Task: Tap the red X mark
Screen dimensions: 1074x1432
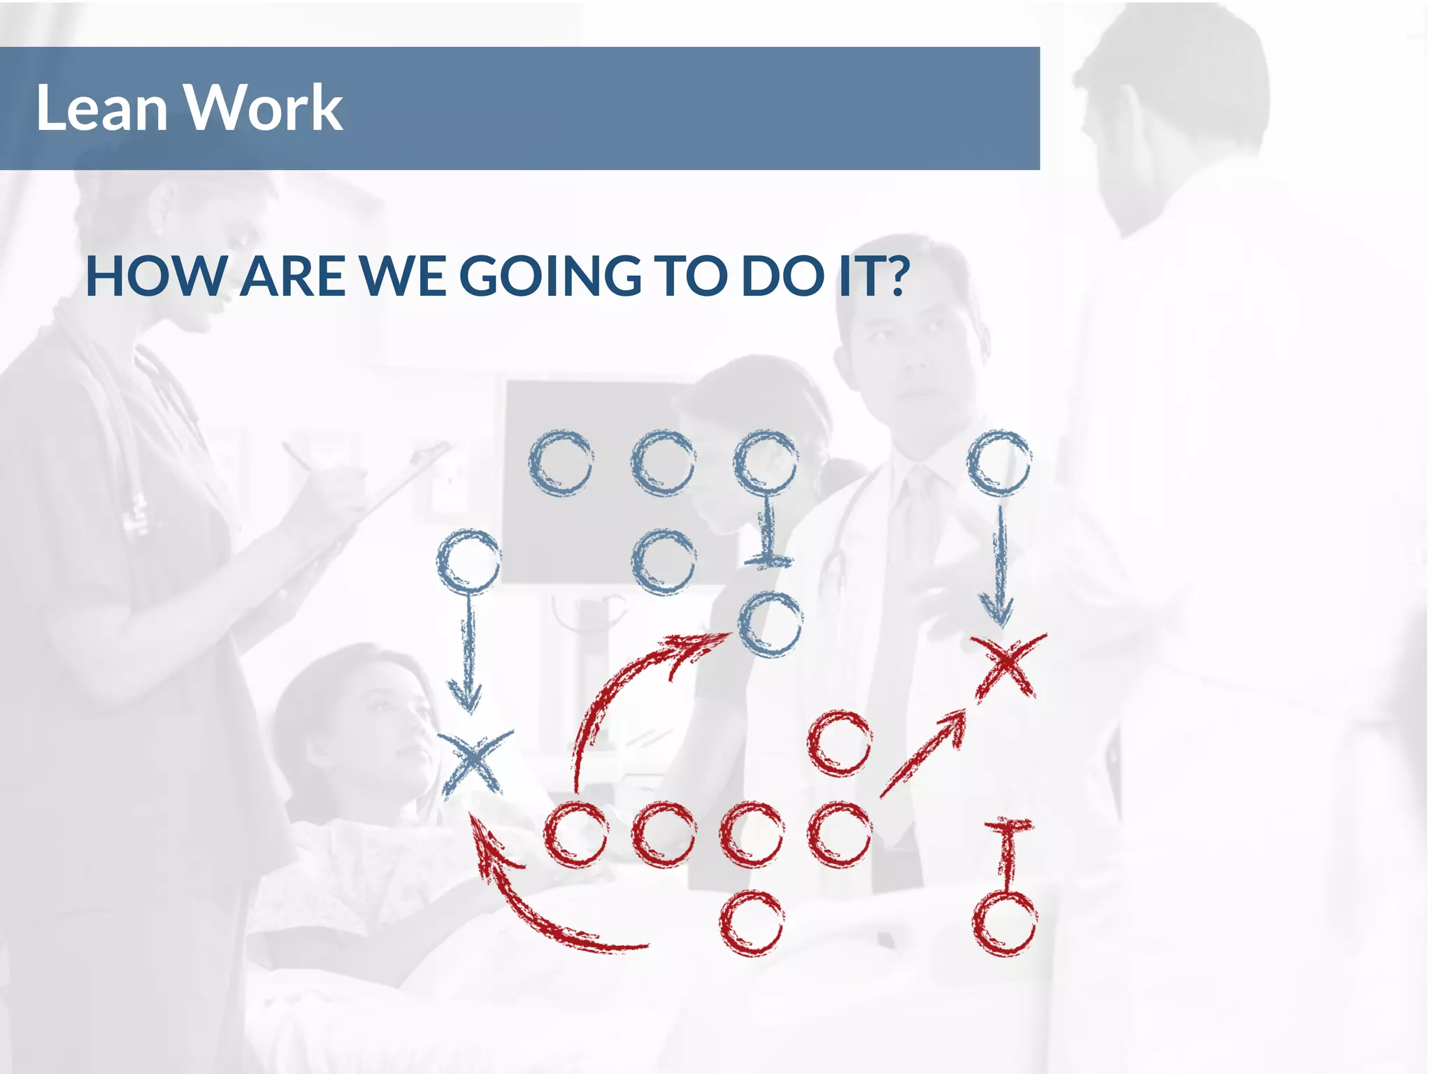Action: click(1007, 664)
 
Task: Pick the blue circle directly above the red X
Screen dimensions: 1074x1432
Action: click(999, 463)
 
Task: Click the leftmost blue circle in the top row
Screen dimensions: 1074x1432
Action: click(561, 463)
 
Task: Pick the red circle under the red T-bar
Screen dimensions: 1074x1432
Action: click(1004, 923)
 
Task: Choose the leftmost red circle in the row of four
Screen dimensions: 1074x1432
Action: click(575, 835)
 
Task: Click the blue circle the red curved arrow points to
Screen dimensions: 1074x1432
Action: click(771, 624)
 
